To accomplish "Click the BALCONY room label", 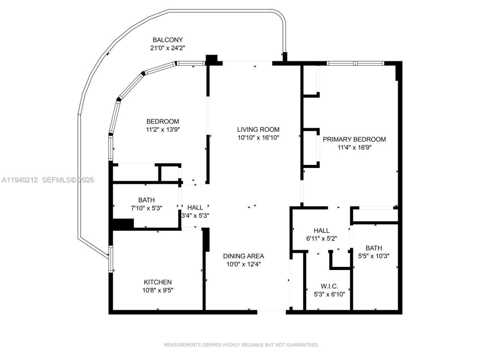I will [167, 40].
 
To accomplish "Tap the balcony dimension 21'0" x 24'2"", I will [167, 48].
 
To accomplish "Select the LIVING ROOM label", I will [258, 130].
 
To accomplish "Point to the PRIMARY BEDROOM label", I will [354, 139].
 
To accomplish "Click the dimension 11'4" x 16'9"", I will [354, 148].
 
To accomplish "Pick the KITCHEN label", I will [157, 282].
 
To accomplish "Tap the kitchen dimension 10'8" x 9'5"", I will [157, 290].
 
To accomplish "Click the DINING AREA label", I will [243, 256].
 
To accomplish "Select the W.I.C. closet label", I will [329, 286].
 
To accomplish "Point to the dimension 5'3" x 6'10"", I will [329, 294].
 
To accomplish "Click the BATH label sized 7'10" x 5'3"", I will [146, 200].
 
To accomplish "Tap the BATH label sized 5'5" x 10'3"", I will [373, 248].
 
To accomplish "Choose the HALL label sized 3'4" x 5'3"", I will [195, 207].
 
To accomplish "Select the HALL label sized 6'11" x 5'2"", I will [321, 231].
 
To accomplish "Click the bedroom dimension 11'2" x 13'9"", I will [162, 130].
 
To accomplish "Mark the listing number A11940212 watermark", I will [20, 180].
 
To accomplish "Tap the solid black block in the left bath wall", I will [123, 224].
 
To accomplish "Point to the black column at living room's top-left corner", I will [212, 59].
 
